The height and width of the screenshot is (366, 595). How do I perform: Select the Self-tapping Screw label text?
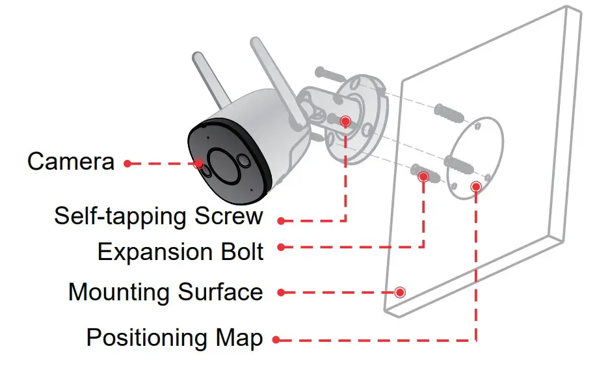[x=159, y=216]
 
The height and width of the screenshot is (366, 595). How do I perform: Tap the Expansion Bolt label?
[x=180, y=252]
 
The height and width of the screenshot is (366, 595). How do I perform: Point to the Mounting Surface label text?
[x=165, y=292]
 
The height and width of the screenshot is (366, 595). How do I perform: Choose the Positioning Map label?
[x=174, y=338]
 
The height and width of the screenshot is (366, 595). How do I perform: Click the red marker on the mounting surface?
[x=400, y=292]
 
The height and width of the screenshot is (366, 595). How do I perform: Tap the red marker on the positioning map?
[x=476, y=187]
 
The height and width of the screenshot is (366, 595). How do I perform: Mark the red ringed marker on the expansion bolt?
[x=424, y=176]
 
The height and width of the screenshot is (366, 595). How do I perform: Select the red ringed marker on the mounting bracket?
[x=345, y=121]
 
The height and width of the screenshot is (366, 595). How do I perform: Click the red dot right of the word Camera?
[x=128, y=163]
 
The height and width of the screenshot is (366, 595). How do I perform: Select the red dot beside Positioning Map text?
[x=276, y=339]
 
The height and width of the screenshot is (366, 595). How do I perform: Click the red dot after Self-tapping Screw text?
[x=281, y=221]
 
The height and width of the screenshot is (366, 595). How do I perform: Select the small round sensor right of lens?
[x=243, y=161]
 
